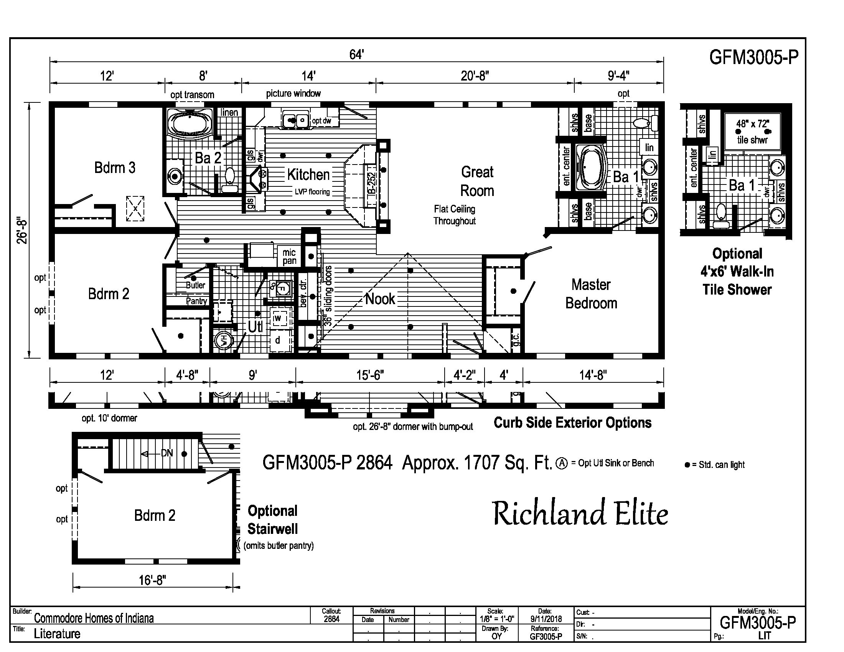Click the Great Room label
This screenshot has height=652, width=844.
[477, 181]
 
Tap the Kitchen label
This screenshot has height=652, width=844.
[308, 175]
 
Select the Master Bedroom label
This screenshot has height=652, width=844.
[591, 294]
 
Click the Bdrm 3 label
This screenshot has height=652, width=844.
[115, 168]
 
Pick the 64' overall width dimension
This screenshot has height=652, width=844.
[356, 55]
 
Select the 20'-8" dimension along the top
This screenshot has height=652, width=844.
[475, 76]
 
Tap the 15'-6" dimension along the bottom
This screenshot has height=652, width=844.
[370, 375]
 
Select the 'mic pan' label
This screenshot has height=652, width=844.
[289, 257]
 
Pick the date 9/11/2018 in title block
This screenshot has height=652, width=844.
[546, 619]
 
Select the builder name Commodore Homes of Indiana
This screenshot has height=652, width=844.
[94, 618]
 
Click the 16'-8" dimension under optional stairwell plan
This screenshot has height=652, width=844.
[152, 580]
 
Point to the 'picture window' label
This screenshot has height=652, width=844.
[293, 94]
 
